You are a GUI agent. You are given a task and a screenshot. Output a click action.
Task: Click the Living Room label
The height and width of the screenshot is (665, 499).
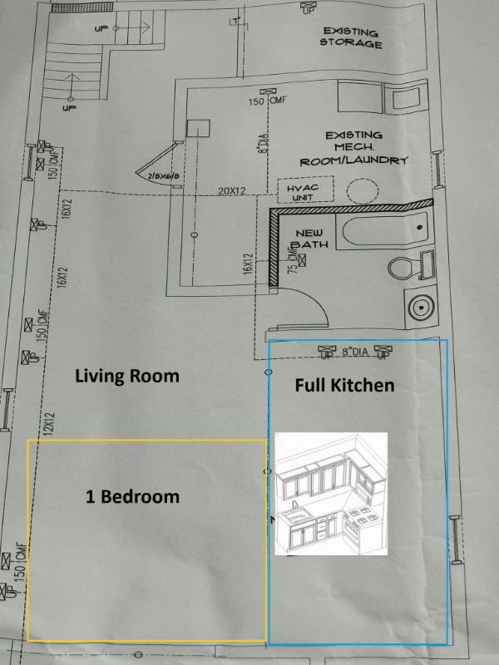pos(127,376)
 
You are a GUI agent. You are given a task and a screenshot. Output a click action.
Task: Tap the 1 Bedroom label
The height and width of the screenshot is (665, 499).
pos(133,497)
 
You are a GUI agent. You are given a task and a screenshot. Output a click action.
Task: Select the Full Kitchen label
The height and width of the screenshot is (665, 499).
pos(345,386)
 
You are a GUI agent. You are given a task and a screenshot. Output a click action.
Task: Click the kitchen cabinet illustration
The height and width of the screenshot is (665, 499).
pos(332,494)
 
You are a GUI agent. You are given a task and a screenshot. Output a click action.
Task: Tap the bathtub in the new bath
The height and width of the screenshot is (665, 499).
pos(384,229)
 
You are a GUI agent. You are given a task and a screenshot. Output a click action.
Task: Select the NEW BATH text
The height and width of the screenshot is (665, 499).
pos(309,239)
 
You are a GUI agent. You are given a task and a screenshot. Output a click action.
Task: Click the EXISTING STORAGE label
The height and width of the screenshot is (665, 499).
pos(351,38)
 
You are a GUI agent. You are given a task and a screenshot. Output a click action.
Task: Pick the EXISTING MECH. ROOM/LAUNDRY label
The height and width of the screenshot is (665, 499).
pos(353,147)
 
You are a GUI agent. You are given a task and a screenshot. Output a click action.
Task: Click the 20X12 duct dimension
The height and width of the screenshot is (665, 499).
pos(232,191)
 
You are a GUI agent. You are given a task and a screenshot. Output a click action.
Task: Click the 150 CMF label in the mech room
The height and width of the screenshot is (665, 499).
pos(267,101)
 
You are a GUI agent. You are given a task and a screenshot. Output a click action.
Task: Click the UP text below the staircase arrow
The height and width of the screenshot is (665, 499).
pos(69,109)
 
